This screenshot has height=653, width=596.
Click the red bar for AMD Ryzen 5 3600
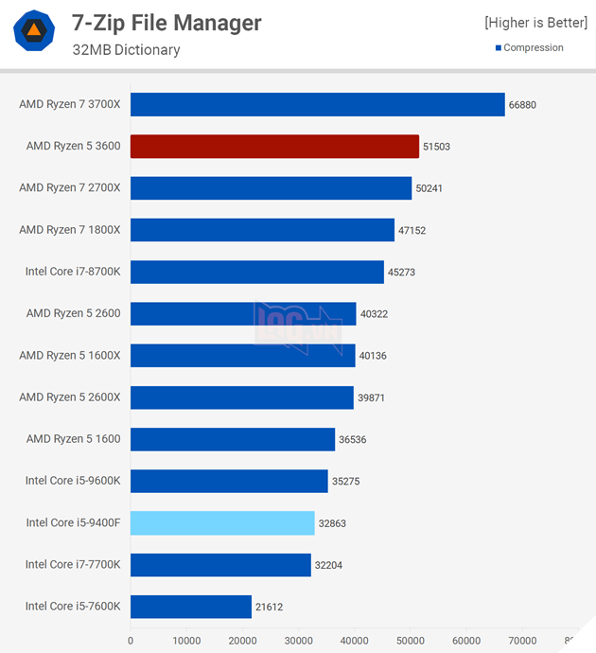tap(274, 146)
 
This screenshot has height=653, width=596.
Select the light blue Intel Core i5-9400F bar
tap(222, 522)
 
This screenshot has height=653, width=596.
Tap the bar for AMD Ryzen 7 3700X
tap(317, 104)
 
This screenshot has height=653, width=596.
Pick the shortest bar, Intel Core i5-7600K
tap(191, 607)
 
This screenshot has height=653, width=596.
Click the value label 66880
tap(522, 105)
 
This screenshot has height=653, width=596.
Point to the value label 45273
tap(401, 273)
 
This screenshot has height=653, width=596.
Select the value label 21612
tap(270, 607)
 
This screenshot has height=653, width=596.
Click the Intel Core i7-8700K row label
tap(73, 272)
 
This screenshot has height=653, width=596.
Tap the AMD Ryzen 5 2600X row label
tap(70, 397)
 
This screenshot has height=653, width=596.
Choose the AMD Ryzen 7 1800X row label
tap(70, 230)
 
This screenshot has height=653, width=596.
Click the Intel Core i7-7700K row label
tap(73, 565)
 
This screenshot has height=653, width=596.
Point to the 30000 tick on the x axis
tap(299, 641)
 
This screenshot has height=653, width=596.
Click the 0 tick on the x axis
tap(131, 641)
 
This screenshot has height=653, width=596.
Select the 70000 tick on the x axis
tap(522, 641)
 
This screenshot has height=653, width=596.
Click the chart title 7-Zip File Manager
tap(167, 22)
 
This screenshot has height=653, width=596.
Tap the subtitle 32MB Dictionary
tap(126, 49)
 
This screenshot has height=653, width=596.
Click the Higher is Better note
tap(535, 22)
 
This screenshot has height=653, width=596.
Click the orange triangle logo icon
tap(34, 31)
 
